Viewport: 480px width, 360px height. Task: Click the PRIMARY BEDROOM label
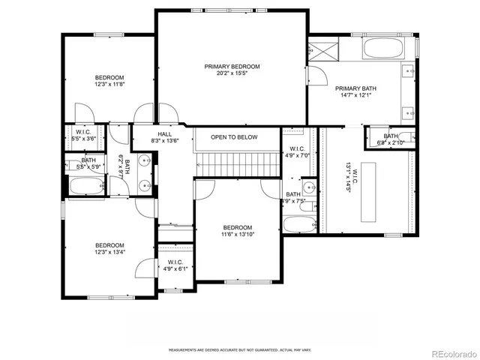coord(232,67)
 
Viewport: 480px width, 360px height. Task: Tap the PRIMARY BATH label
coord(356,87)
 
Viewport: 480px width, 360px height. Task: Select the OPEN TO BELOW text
coord(234,137)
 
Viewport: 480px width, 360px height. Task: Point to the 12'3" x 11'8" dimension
coord(109,85)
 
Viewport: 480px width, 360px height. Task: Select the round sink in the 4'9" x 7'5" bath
coord(308,187)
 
